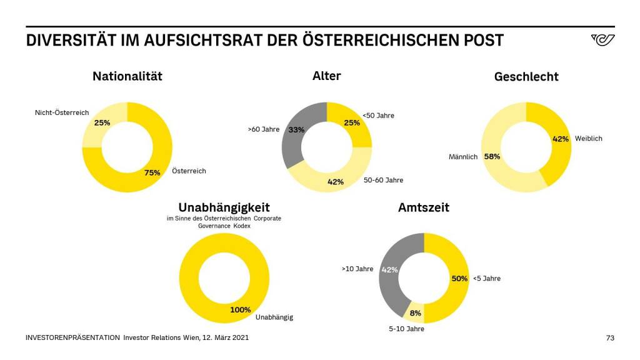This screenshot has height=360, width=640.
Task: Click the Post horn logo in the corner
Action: pyautogui.click(x=602, y=40)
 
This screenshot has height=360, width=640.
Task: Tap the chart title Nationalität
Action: pyautogui.click(x=127, y=76)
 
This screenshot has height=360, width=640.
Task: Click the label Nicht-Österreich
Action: pyautogui.click(x=62, y=113)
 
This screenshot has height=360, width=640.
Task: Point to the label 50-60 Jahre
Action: pyautogui.click(x=383, y=180)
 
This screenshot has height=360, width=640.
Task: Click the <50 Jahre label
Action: pyautogui.click(x=379, y=116)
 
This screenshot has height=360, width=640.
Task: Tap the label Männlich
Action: pyautogui.click(x=463, y=157)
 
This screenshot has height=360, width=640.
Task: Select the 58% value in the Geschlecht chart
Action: pyautogui.click(x=492, y=157)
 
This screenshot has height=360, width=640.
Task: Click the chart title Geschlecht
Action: pyautogui.click(x=526, y=77)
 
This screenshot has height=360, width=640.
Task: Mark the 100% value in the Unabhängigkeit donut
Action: pyautogui.click(x=240, y=309)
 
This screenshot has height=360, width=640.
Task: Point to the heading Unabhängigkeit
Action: pyautogui.click(x=224, y=207)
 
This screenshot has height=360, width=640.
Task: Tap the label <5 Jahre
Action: pyautogui.click(x=487, y=279)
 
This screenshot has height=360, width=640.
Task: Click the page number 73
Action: pyautogui.click(x=611, y=338)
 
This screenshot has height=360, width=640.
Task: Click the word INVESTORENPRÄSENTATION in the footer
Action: pyautogui.click(x=72, y=338)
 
